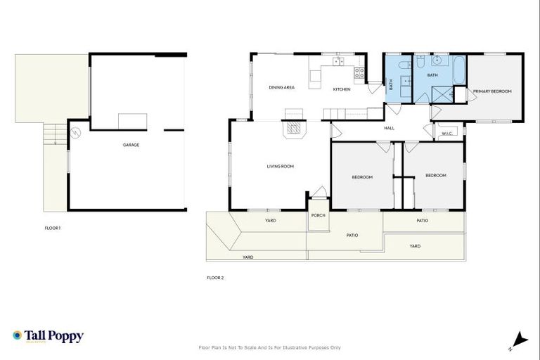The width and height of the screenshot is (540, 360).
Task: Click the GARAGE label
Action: click(131, 145)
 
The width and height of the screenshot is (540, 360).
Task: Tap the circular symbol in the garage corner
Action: click(76, 131)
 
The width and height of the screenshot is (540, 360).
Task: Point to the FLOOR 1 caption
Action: click(52, 228)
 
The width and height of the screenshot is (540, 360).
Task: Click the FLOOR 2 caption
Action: click(214, 278)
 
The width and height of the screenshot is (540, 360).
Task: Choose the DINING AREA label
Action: click(281, 88)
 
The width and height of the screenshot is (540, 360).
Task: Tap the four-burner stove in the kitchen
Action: click(359, 71)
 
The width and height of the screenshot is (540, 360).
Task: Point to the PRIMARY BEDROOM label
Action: click(491, 91)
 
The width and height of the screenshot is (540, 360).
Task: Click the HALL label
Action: click(389, 128)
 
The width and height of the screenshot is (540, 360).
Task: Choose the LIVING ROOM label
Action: click(279, 167)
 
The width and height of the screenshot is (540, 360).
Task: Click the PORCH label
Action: click(318, 215)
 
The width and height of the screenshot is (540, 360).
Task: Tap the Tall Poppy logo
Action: click(48, 337)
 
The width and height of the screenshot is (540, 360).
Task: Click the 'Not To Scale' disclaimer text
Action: click(270, 347)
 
